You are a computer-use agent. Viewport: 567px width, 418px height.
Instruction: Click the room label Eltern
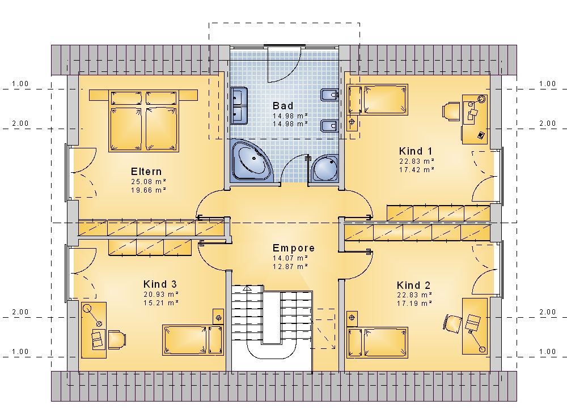coord(146,171)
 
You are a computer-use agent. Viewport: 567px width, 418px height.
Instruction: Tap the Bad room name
coord(283,106)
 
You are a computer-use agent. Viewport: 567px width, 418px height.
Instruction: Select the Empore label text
coord(294,248)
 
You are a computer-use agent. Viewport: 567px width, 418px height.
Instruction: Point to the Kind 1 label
coord(416,151)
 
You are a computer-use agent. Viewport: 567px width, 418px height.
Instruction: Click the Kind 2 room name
coord(414,285)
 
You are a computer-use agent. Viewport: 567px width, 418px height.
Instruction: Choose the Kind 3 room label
coord(160,284)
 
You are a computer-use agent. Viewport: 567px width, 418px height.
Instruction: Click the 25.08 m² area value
coord(149,182)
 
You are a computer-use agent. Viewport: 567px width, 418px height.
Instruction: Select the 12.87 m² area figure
coord(290,267)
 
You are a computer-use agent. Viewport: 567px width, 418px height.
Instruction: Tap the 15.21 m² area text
coord(161,303)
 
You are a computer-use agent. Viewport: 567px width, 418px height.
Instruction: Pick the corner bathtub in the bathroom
coord(250,160)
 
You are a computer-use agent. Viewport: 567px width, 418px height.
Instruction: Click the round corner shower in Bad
coord(325,168)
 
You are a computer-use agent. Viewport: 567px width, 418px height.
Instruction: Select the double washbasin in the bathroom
coord(239,105)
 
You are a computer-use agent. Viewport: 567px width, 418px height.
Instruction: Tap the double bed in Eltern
coord(143,121)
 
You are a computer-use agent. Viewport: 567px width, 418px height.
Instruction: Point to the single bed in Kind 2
coord(378,342)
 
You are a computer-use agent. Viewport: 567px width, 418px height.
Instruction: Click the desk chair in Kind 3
coord(117,340)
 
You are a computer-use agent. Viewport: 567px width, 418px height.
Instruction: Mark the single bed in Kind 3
coord(193,340)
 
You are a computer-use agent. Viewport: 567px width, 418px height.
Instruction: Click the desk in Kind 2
coord(475,326)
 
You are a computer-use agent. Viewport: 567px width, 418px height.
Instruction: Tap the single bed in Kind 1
coord(378,100)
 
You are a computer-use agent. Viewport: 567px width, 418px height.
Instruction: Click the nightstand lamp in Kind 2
coord(352,318)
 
